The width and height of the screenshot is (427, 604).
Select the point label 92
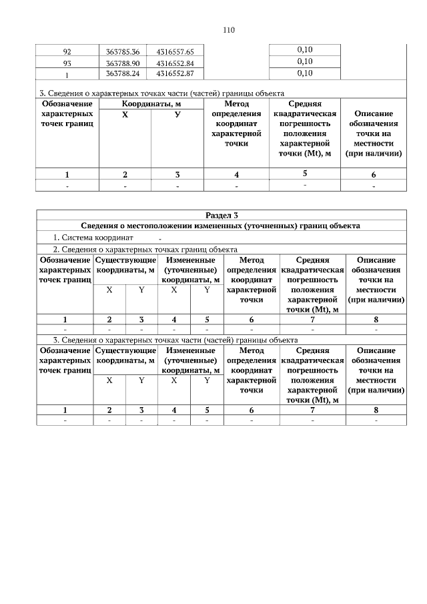67,51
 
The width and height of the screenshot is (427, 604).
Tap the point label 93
67,62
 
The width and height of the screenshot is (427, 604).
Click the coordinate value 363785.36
123,51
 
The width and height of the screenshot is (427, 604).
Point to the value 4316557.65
175,51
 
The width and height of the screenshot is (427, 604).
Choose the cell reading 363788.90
123,62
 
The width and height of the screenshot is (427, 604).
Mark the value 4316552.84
175,62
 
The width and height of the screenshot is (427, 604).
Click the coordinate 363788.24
123,73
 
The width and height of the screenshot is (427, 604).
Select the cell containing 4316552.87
175,73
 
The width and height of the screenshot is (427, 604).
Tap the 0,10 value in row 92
304,50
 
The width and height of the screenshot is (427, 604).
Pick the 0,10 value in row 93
304,61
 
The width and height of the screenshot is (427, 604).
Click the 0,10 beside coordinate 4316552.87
304,73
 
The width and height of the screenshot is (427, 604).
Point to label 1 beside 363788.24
67,73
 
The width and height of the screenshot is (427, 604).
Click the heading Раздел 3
222,216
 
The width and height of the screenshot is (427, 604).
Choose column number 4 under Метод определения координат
236,175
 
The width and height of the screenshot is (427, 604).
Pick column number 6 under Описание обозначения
374,175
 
